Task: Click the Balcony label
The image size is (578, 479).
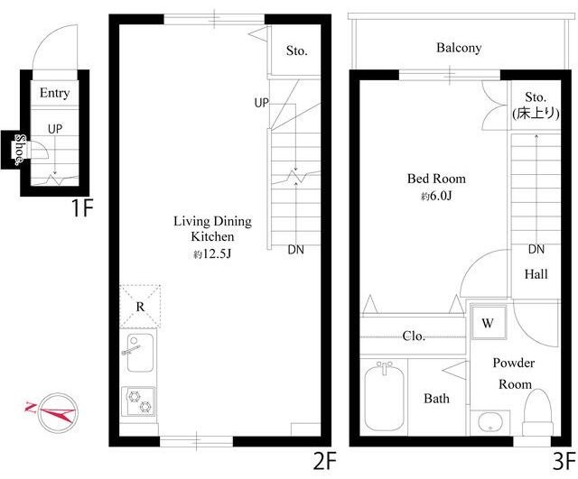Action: coord(459,48)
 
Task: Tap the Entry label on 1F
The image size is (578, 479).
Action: coord(54,93)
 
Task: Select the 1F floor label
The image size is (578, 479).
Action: coord(82,208)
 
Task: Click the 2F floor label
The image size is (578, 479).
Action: coord(325,462)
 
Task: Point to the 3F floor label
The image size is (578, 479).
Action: coord(564,462)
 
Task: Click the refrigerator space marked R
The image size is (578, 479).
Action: coord(141,307)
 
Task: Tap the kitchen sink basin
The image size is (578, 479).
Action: coord(140,353)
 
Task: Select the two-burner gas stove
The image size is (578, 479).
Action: coord(138,401)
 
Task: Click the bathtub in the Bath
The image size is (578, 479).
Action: coord(384,397)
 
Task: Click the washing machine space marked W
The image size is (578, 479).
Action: coord(488,323)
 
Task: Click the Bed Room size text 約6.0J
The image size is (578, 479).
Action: coord(436,197)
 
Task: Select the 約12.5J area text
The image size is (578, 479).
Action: coord(212,254)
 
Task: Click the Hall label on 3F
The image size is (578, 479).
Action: coord(536,274)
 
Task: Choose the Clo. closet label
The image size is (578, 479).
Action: coord(414,336)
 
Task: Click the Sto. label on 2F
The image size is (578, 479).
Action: coord(297,51)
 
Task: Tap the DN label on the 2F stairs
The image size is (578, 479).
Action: coord(296,250)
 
